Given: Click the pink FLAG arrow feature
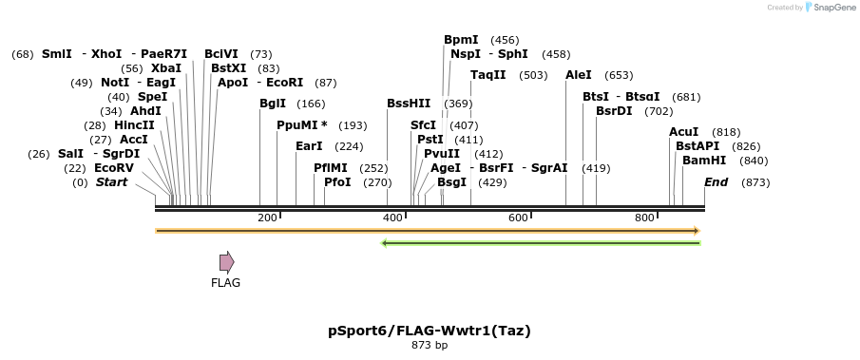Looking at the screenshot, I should coord(226,262).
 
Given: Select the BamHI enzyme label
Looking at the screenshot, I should coord(704,161).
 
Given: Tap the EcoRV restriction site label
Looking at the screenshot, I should coord(113,168).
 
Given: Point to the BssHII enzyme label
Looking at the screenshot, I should coord(409,104).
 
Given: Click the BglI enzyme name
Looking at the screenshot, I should coord(272,104).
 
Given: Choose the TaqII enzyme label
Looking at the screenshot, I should coord(488,75).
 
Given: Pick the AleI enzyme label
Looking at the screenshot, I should coord(579,75).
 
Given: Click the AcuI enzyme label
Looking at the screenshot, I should coord(683,132).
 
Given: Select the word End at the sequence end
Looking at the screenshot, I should coord(716,182).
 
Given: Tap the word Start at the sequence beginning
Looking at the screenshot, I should coord(111,182).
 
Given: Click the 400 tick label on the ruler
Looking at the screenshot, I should coord(392,218).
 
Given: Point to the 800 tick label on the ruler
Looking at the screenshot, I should coord(645,218).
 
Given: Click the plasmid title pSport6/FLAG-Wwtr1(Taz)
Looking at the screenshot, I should coord(430,331).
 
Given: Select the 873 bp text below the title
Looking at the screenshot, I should coord(430,346).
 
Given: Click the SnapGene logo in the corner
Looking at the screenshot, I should coord(828,8).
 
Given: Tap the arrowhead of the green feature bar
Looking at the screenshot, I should coord(385,243).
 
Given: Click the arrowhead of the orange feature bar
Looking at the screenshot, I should coord(697,231).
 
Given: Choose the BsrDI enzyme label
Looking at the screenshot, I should coord(614,111).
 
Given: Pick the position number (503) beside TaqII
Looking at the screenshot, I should coord(533,75).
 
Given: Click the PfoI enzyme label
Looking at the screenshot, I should coord(337,182).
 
